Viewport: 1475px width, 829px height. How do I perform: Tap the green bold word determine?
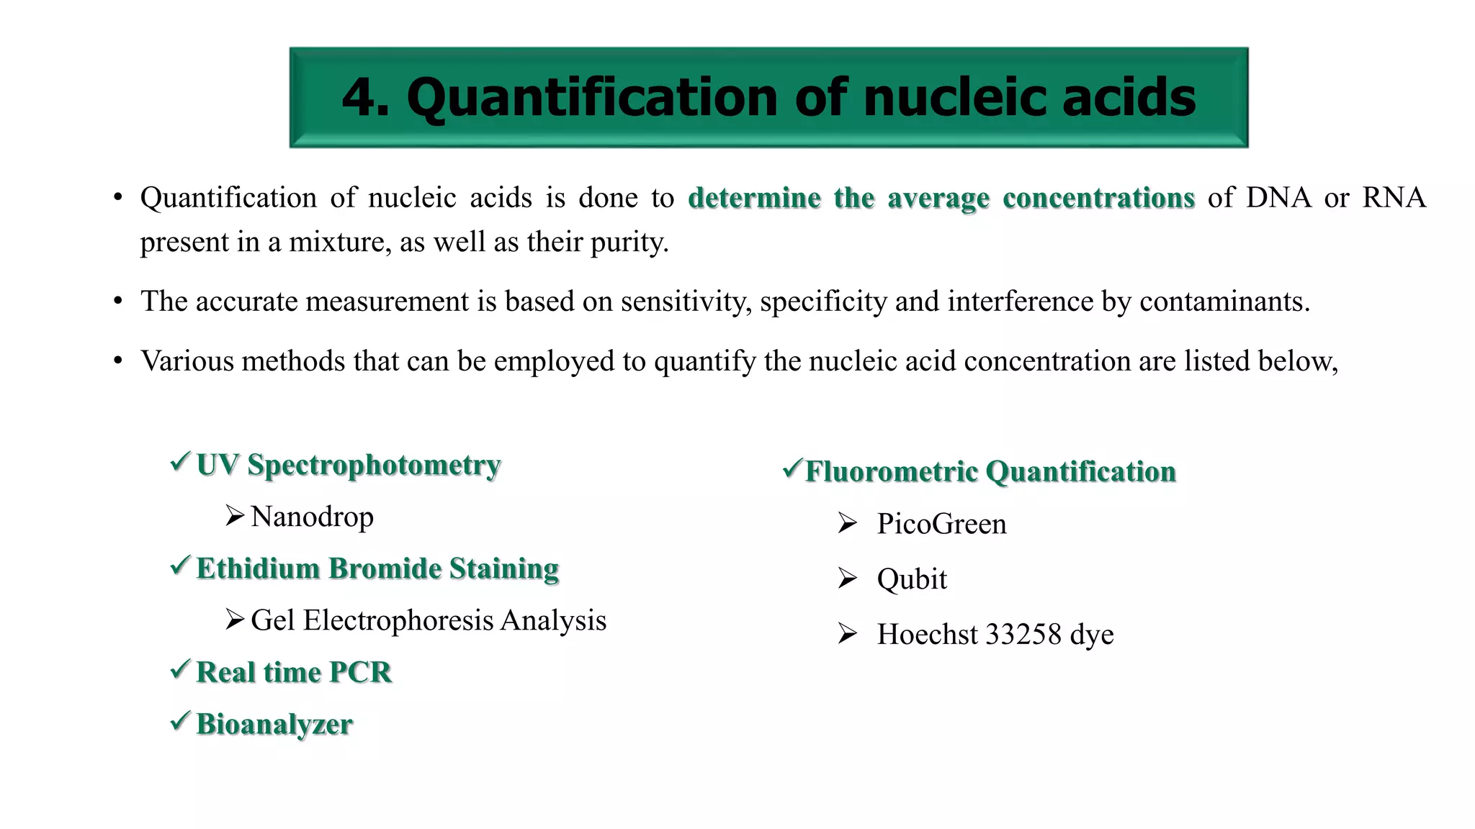tap(754, 198)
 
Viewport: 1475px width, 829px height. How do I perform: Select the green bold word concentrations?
tap(1098, 198)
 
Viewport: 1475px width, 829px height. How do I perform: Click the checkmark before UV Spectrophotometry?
tap(181, 461)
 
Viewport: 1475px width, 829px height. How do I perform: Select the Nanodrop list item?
tap(312, 517)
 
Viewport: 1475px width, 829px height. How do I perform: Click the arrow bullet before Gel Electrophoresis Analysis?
tap(235, 619)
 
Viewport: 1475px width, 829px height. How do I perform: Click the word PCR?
tap(360, 672)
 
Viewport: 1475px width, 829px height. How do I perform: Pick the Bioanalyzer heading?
tap(274, 724)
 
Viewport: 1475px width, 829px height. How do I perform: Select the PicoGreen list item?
tap(941, 524)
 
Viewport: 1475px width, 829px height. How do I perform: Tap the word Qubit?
tap(912, 579)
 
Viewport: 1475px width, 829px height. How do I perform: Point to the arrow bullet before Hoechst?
tap(848, 633)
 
